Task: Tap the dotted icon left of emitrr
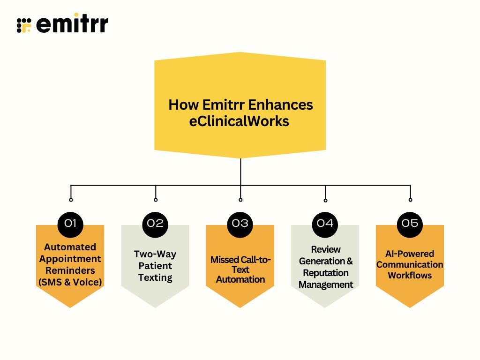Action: tap(24, 25)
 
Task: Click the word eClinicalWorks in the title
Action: tap(239, 121)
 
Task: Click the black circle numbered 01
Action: tap(70, 223)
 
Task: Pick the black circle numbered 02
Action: tap(155, 223)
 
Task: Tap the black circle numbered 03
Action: tap(240, 223)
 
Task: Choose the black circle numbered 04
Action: tap(325, 223)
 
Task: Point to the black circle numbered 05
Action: tap(410, 223)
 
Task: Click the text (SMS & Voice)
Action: tap(70, 282)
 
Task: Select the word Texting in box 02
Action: tap(155, 277)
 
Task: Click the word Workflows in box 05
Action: tap(410, 276)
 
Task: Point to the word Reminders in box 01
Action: tap(70, 270)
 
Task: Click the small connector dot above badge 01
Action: tap(71, 200)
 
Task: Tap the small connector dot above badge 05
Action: tap(410, 200)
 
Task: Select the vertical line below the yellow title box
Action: tap(240, 171)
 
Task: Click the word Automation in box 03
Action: tap(240, 279)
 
